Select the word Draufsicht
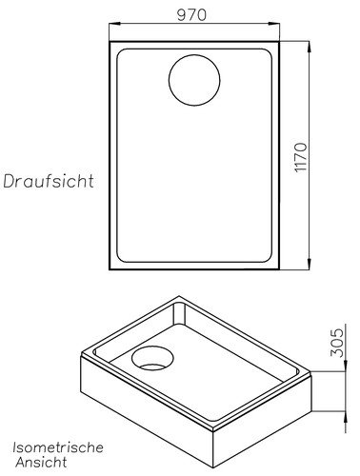(48, 181)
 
